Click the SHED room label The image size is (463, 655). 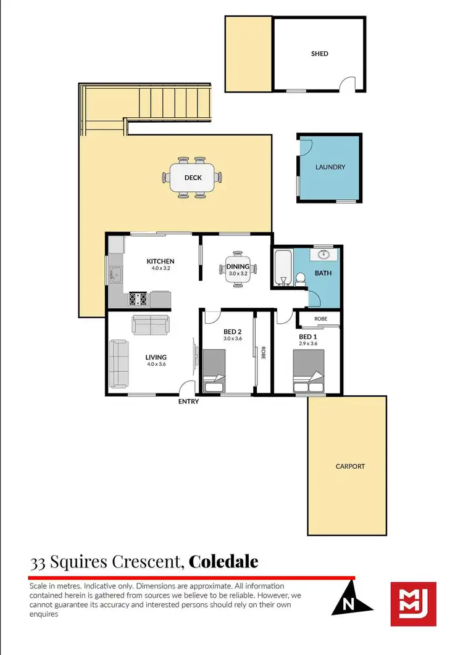(x=319, y=54)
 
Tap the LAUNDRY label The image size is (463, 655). (x=330, y=167)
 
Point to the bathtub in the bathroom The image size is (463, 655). (x=283, y=268)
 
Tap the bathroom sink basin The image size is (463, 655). (x=323, y=254)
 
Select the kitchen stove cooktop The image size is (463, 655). (x=138, y=299)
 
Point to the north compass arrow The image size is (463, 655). (x=351, y=599)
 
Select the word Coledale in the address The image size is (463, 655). (x=223, y=562)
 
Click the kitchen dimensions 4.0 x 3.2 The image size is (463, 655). (x=161, y=268)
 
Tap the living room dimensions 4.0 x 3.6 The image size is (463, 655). (x=156, y=365)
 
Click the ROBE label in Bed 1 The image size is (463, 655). (x=320, y=319)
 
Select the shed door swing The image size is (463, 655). (x=349, y=84)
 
